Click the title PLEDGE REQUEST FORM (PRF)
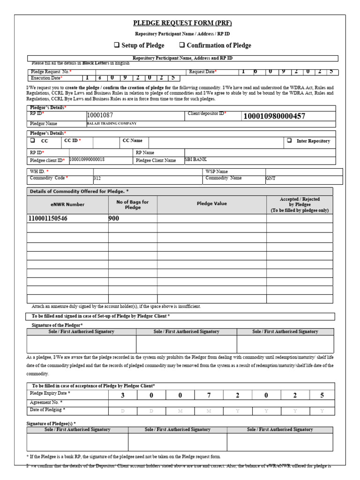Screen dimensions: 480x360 point(182,23)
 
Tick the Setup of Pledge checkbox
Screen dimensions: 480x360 point(117,45)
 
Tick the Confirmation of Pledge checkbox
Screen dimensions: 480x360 point(182,45)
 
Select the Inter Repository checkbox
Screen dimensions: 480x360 point(289,141)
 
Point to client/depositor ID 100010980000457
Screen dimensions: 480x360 point(274,116)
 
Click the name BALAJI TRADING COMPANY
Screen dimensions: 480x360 point(112,124)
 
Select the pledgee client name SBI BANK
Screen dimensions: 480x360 point(196,160)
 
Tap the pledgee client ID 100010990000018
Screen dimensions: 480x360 point(87,160)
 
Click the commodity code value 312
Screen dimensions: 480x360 point(97,179)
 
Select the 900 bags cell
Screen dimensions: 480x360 point(114,218)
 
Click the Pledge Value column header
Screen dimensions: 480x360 point(211,204)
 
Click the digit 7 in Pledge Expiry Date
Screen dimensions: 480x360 point(209,395)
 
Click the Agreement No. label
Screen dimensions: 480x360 point(46,403)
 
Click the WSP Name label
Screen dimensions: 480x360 point(216,172)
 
